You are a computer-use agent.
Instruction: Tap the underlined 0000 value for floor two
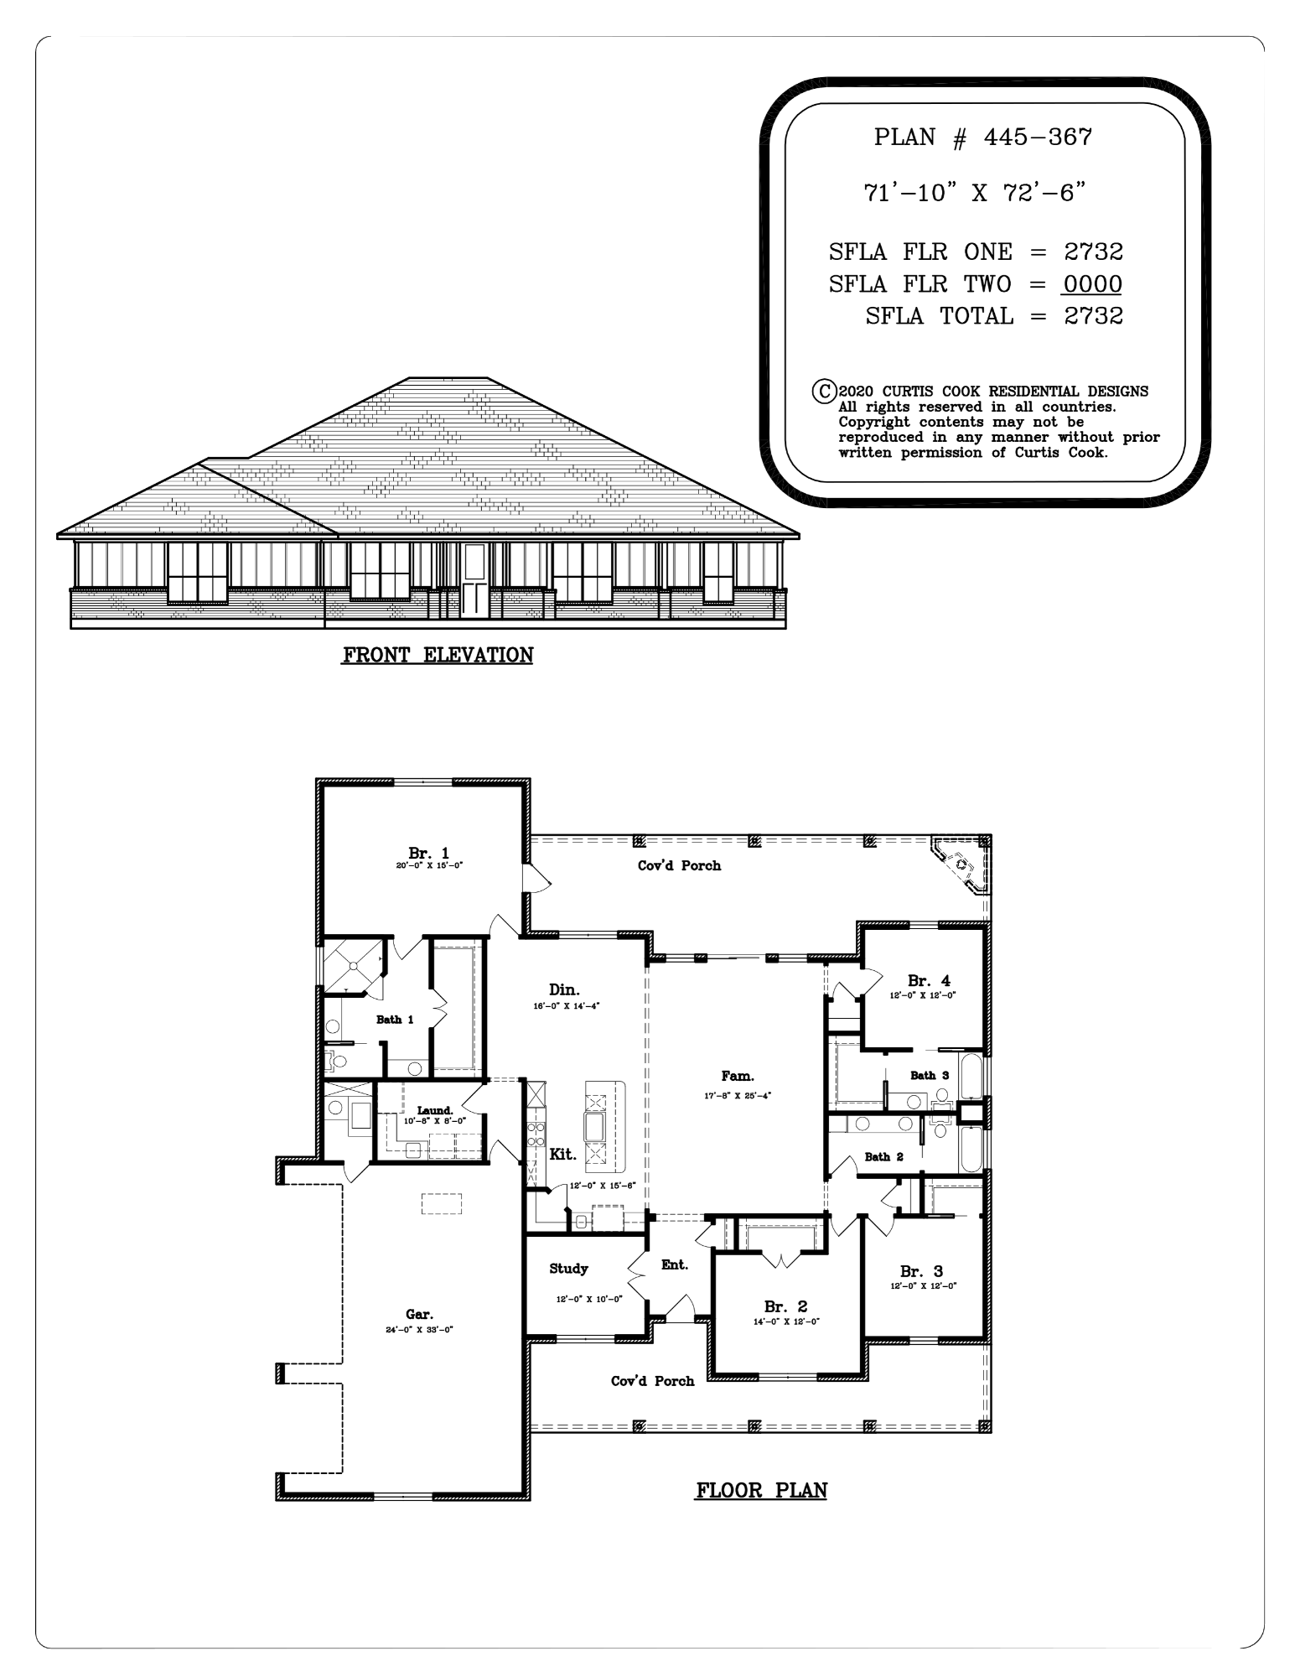1091,284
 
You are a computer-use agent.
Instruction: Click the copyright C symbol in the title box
825,391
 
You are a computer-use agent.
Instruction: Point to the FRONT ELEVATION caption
437,655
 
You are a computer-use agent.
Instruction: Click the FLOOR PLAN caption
761,1490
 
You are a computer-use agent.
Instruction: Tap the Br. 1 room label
428,854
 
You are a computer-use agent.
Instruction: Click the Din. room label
564,990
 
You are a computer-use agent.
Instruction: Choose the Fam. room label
738,1076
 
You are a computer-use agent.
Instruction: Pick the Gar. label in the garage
419,1315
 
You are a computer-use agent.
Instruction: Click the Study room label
568,1269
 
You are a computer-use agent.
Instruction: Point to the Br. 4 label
929,981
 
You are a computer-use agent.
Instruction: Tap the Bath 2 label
883,1157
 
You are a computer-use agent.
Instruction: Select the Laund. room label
435,1110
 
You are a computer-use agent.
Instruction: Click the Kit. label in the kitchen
562,1155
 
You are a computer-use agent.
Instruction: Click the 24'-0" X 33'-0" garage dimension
419,1329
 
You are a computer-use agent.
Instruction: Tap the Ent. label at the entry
674,1264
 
